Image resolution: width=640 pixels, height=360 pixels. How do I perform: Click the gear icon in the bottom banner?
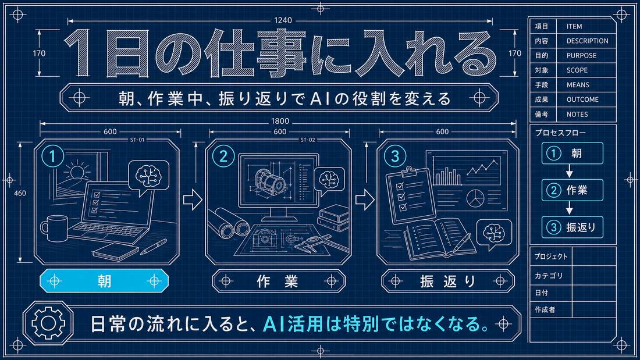[x=48, y=323]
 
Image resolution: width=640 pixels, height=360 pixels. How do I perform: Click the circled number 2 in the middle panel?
[x=223, y=156]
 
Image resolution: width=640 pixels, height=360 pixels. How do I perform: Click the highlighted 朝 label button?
[x=104, y=281]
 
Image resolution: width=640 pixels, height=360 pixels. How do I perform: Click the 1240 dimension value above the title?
[x=283, y=20]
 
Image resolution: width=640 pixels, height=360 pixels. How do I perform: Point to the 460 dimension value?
[x=20, y=194]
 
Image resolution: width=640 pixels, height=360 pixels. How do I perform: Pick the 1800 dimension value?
[x=280, y=121]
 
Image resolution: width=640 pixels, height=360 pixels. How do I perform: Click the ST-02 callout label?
[x=308, y=140]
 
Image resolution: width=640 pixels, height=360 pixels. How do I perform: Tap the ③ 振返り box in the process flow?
[x=573, y=227]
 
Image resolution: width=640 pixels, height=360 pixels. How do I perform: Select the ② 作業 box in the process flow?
[x=573, y=190]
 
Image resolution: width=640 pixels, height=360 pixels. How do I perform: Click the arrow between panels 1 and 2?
[x=193, y=199]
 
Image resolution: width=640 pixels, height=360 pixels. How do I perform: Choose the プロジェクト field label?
[x=551, y=256]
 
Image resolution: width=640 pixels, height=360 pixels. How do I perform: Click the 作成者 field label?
[x=545, y=310]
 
